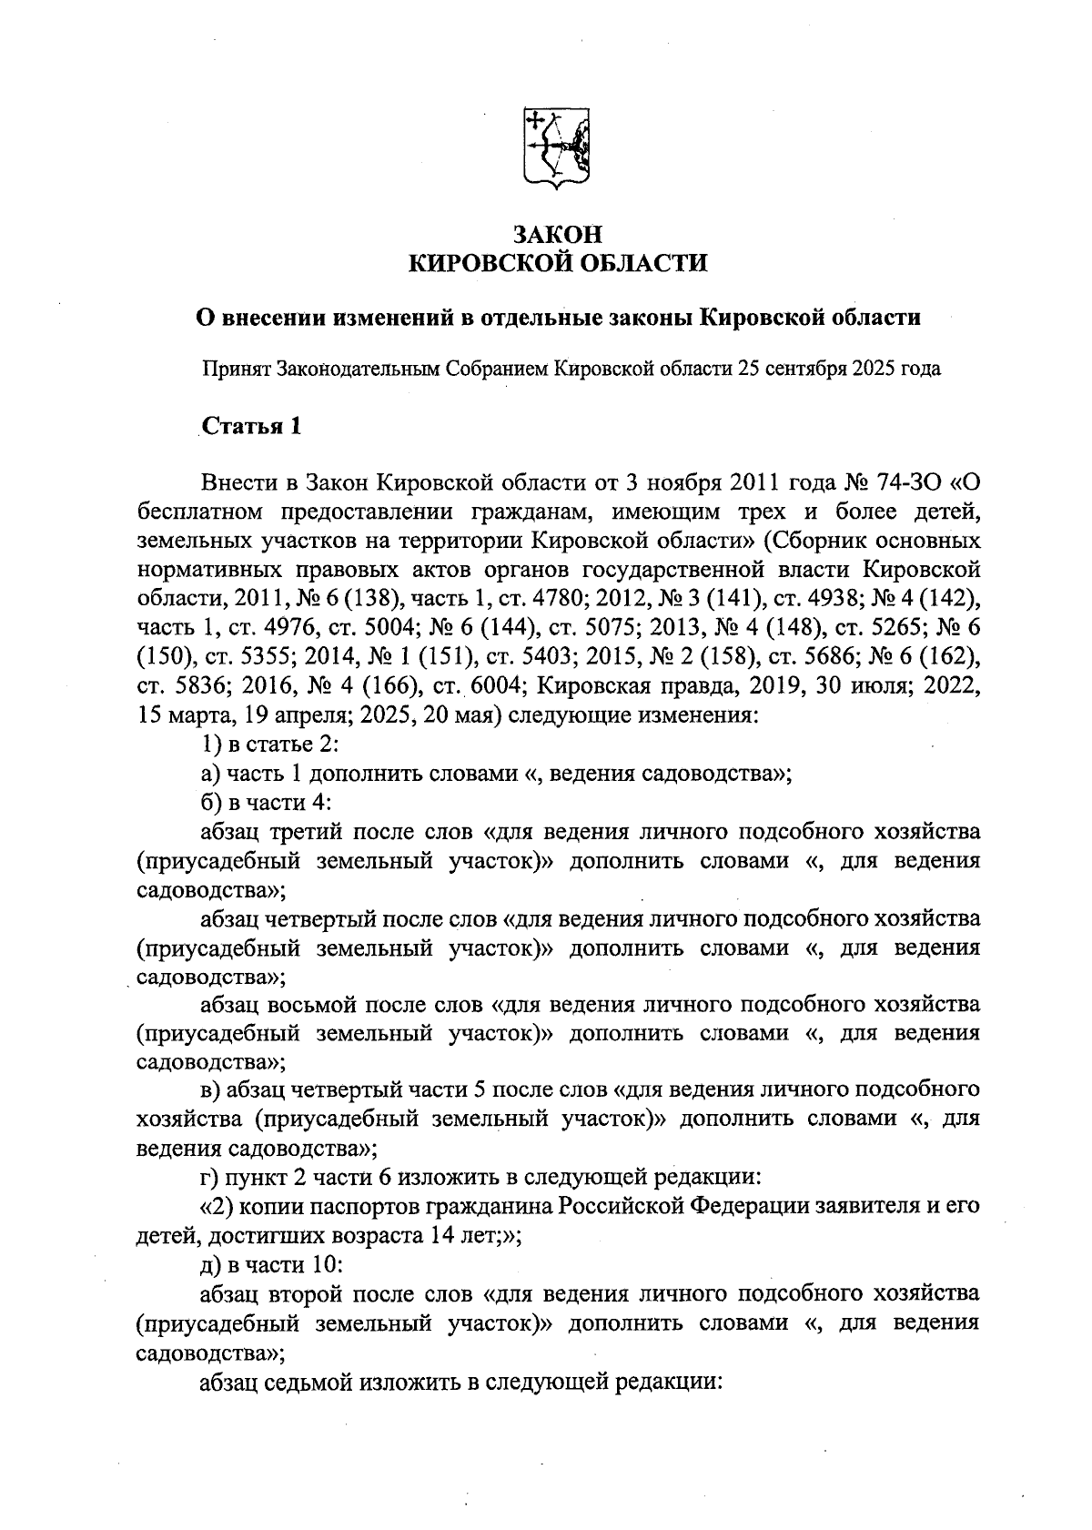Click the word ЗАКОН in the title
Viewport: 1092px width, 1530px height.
[557, 233]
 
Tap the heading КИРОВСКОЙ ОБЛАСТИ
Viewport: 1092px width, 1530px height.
[557, 264]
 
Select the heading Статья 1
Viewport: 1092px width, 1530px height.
[251, 427]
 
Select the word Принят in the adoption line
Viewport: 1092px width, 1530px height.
[235, 370]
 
